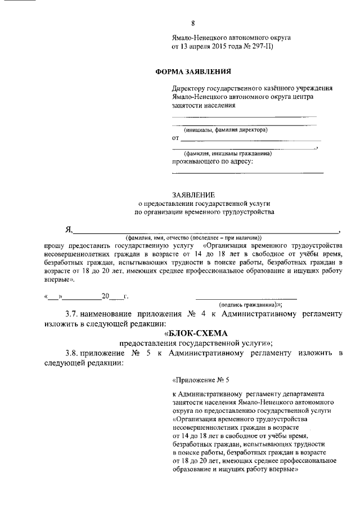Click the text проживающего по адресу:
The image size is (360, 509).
pyautogui.click(x=212, y=161)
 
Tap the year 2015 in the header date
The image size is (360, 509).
pyautogui.click(x=227, y=47)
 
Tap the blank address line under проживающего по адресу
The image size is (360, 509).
pyautogui.click(x=247, y=172)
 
